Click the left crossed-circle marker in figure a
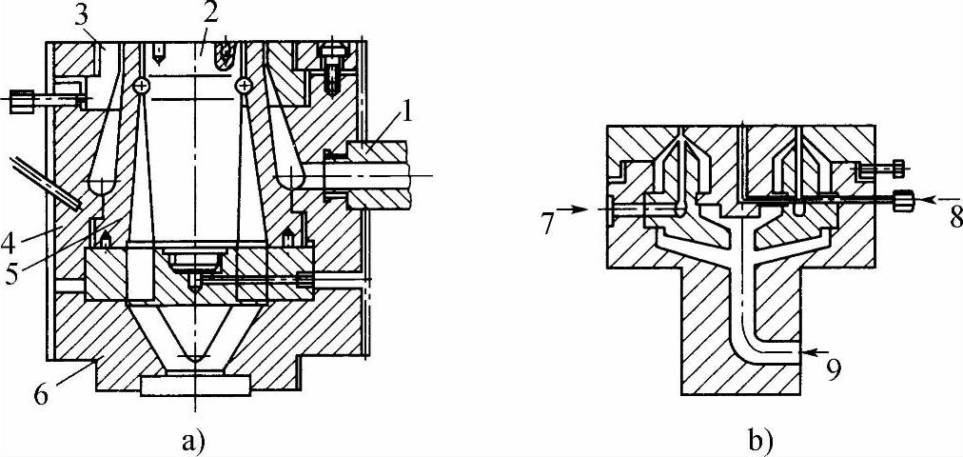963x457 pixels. pos(142,86)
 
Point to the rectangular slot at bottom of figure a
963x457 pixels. pos(195,385)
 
